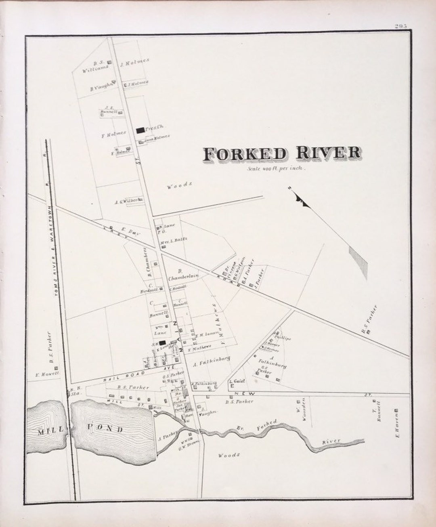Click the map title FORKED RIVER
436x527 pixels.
[282, 153]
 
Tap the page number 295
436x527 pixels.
[401, 26]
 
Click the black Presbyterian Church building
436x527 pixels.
[140, 130]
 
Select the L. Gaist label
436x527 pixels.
[237, 381]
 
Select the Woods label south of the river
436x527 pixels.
[229, 455]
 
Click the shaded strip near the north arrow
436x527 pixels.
[358, 262]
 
